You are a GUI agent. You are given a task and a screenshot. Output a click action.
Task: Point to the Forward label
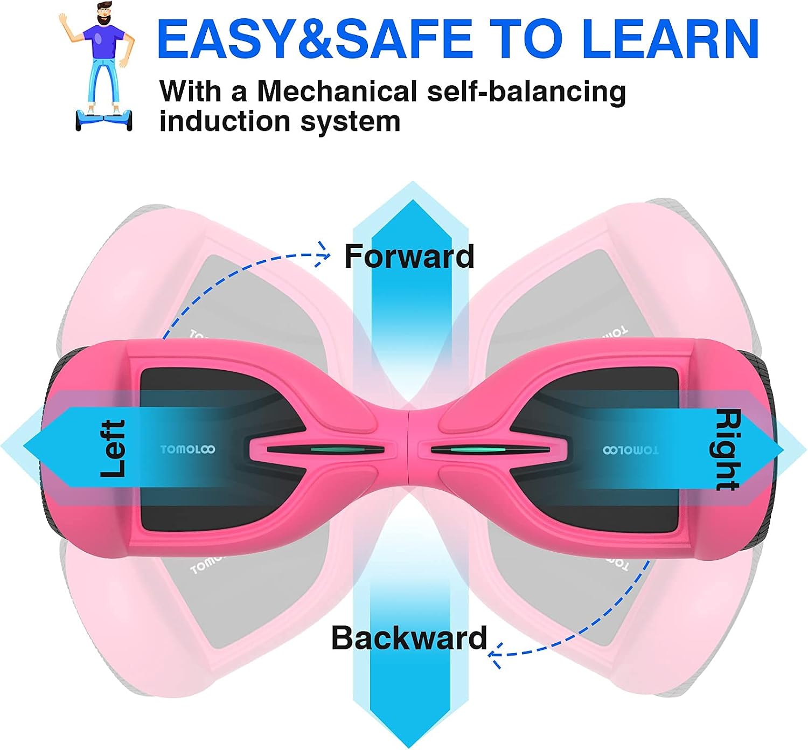[x=409, y=256]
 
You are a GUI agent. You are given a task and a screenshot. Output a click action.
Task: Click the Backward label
[x=409, y=637]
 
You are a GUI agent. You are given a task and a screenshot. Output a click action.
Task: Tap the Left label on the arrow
[x=113, y=448]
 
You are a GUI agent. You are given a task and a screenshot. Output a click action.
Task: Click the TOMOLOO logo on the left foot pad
[x=187, y=449]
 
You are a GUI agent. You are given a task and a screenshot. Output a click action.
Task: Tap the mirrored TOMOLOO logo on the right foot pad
[x=631, y=450]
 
